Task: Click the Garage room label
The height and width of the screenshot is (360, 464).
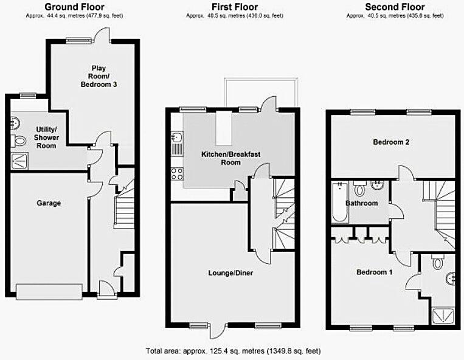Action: [49, 203]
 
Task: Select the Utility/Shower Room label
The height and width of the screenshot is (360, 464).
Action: [47, 137]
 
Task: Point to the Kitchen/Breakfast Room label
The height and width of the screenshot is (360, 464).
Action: [230, 159]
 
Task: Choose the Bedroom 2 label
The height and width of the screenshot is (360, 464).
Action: [390, 142]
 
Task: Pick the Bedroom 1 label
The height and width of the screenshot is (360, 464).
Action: [374, 272]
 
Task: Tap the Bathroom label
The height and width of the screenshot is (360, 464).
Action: [361, 203]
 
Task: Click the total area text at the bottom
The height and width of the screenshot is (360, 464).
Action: [233, 351]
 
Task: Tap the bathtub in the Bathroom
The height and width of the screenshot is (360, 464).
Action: [338, 202]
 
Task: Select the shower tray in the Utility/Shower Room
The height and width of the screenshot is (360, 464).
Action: [19, 161]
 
